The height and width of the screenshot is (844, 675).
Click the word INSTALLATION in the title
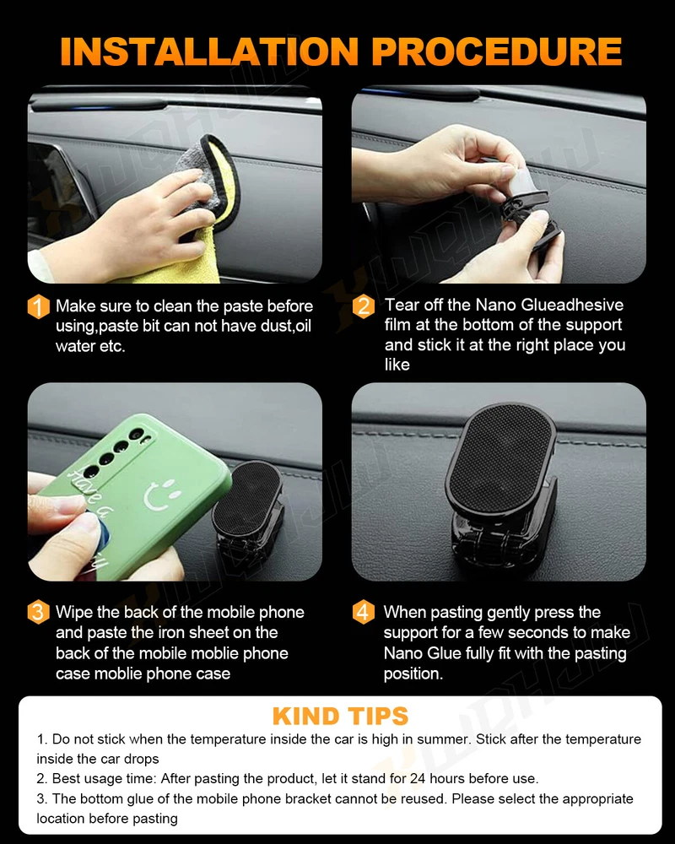coord(209,51)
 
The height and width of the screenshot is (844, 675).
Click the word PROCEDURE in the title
coord(496,51)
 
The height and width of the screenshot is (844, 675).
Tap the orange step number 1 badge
coord(38,307)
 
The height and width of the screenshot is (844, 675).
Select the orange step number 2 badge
coord(364,306)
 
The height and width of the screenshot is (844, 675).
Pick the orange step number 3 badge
coord(38,613)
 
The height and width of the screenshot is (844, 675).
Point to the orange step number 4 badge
coord(364,613)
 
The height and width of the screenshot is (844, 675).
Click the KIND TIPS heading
coord(340,717)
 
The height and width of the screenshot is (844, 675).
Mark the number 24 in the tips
coord(418,779)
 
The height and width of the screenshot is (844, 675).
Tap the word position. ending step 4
coord(413,674)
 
